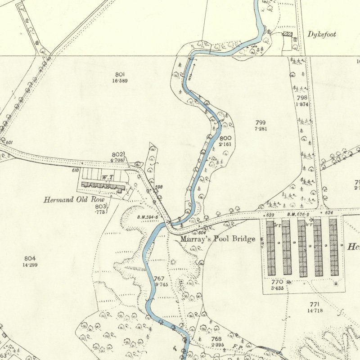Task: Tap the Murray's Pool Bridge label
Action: pos(218,239)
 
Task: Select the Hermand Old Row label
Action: pos(74,199)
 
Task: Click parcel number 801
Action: pos(120,74)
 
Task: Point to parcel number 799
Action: pos(261,122)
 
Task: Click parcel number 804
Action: pos(30,258)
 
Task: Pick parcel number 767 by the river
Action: pos(159,279)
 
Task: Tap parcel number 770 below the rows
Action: pos(277,282)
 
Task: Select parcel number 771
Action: pos(314,305)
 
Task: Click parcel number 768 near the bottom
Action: pos(216,338)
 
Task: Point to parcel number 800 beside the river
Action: pos(225,138)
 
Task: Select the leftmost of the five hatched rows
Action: pos(270,248)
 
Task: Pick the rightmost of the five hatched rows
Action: pos(333,248)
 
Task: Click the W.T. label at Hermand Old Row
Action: pos(106,177)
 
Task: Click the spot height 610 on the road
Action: pos(75,170)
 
